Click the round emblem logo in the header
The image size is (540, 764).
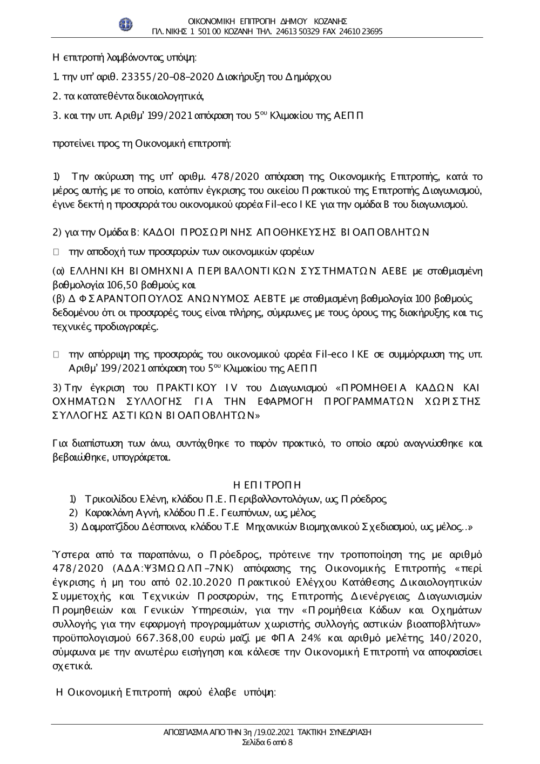(126, 24)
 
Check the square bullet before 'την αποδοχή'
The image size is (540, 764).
(55, 252)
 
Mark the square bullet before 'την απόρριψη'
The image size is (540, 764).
(55, 355)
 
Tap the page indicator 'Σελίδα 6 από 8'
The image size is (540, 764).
(267, 742)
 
